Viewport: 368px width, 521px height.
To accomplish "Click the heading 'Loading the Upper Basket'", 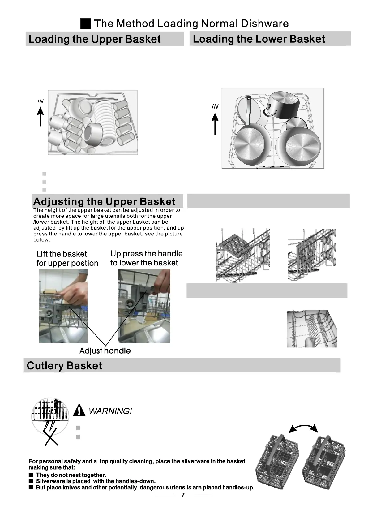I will tap(94, 39).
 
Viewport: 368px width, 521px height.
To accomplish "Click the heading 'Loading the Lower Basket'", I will tap(259, 39).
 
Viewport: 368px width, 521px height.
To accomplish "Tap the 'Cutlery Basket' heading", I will tap(64, 366).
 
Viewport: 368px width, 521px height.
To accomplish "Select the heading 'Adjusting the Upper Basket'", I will tap(104, 201).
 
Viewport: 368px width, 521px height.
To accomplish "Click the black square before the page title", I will tap(86, 24).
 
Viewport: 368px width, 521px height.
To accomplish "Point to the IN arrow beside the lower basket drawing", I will tap(215, 123).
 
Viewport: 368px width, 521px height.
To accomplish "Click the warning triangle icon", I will tap(79, 411).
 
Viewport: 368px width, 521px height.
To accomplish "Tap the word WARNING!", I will tap(110, 411).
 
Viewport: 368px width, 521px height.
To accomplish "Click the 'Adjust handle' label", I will tap(105, 351).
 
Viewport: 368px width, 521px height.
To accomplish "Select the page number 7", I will tap(183, 495).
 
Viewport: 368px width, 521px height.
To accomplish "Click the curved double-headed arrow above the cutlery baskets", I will tap(303, 428).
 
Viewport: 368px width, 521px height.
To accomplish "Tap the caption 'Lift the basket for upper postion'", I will tap(67, 259).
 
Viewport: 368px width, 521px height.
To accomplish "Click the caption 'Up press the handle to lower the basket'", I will tap(146, 258).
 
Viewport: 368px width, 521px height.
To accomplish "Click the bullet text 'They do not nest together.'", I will tap(71, 475).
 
